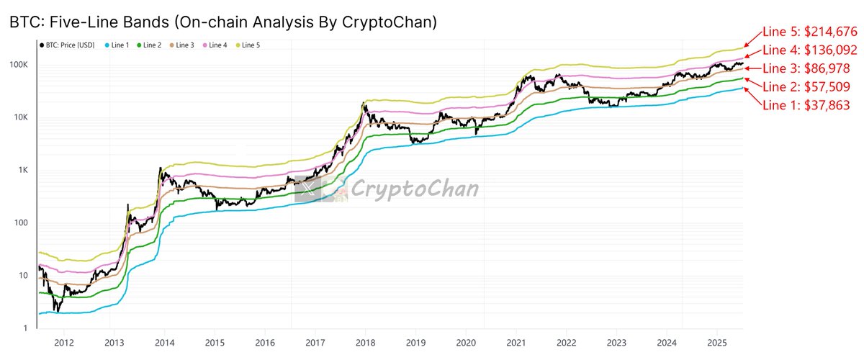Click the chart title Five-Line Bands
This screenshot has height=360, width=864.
pyautogui.click(x=222, y=22)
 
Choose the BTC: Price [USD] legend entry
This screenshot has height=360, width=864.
pyautogui.click(x=66, y=46)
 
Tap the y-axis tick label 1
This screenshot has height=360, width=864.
pyautogui.click(x=26, y=328)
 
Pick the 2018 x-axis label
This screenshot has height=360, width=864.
pyautogui.click(x=365, y=343)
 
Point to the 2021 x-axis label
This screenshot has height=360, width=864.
pyautogui.click(x=516, y=343)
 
